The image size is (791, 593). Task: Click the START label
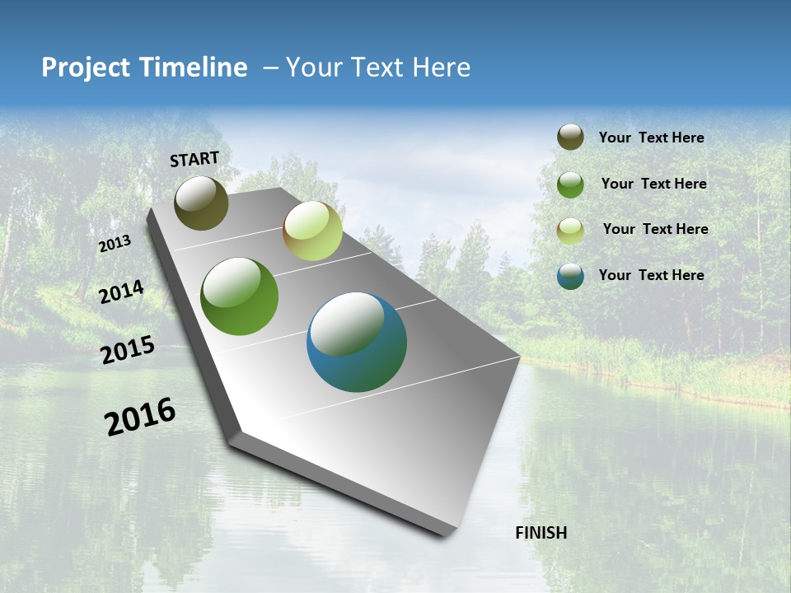pyautogui.click(x=194, y=159)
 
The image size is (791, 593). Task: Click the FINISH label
pyautogui.click(x=541, y=533)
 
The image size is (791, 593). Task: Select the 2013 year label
pyautogui.click(x=115, y=245)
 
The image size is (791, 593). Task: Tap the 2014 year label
pyautogui.click(x=121, y=292)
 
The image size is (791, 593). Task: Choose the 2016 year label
pyautogui.click(x=140, y=417)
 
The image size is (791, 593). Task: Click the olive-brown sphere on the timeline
pyautogui.click(x=202, y=203)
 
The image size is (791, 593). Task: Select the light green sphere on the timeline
pyautogui.click(x=312, y=231)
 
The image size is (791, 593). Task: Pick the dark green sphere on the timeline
pyautogui.click(x=239, y=296)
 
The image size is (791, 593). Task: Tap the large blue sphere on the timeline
pyautogui.click(x=356, y=342)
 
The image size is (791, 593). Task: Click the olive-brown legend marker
pyautogui.click(x=570, y=138)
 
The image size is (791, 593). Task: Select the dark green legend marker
pyautogui.click(x=570, y=184)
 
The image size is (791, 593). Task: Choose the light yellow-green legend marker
pyautogui.click(x=570, y=231)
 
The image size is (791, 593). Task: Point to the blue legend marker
pyautogui.click(x=570, y=276)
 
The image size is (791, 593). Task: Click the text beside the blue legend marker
pyautogui.click(x=651, y=275)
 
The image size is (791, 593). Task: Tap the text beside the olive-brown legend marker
pyautogui.click(x=651, y=138)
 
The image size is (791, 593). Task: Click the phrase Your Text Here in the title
pyautogui.click(x=378, y=68)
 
